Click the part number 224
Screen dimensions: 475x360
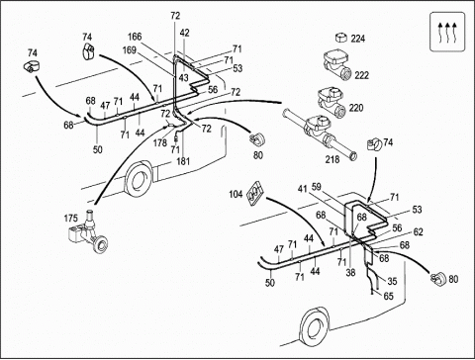358,39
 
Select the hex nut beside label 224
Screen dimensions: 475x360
341,38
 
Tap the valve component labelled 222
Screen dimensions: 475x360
337,64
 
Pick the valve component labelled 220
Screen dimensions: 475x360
332,102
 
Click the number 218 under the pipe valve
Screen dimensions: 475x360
332,159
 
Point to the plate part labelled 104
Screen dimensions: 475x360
255,193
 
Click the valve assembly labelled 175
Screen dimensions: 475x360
88,231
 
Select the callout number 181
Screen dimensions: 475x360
183,161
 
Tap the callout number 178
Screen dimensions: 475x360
160,143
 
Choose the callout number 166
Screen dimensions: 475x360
135,37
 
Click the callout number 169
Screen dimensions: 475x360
130,50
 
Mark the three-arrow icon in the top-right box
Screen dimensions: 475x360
447,32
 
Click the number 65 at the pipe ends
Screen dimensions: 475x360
389,296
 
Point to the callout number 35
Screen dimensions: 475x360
392,281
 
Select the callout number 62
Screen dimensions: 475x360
418,232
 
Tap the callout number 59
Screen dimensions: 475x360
316,187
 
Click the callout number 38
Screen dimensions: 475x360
350,272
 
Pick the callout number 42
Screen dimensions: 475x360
185,33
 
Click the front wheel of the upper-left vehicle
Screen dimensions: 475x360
138,180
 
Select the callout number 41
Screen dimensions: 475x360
302,189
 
